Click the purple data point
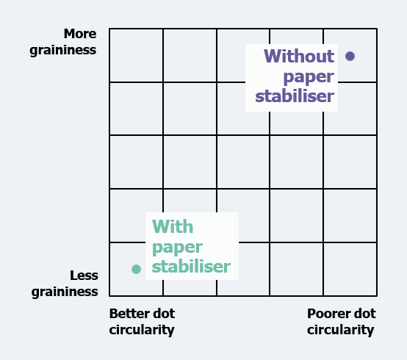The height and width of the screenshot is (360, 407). click(x=350, y=56)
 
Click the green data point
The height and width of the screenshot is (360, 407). click(x=136, y=269)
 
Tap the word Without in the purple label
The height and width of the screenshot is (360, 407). click(x=299, y=56)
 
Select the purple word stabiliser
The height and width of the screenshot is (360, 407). click(x=295, y=96)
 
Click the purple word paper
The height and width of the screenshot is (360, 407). click(x=309, y=77)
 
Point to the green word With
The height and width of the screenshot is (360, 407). click(x=173, y=226)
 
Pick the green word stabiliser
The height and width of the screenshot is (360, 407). click(x=191, y=267)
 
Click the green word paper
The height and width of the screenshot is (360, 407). click(x=177, y=248)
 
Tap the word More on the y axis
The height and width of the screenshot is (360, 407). click(x=80, y=34)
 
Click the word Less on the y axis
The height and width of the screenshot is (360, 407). click(x=84, y=276)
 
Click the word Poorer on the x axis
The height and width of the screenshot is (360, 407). click(x=326, y=314)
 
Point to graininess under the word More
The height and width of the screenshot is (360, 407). click(x=63, y=51)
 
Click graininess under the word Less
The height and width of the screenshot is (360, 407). click(x=65, y=292)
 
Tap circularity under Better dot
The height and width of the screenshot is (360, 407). click(x=142, y=330)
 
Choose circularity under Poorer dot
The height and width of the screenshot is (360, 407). click(x=341, y=330)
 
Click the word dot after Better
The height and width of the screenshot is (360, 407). click(x=164, y=314)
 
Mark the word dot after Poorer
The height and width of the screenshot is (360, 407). click(x=364, y=314)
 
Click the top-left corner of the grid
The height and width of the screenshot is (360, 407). click(x=109, y=29)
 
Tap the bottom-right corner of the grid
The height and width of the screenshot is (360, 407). click(x=377, y=295)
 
